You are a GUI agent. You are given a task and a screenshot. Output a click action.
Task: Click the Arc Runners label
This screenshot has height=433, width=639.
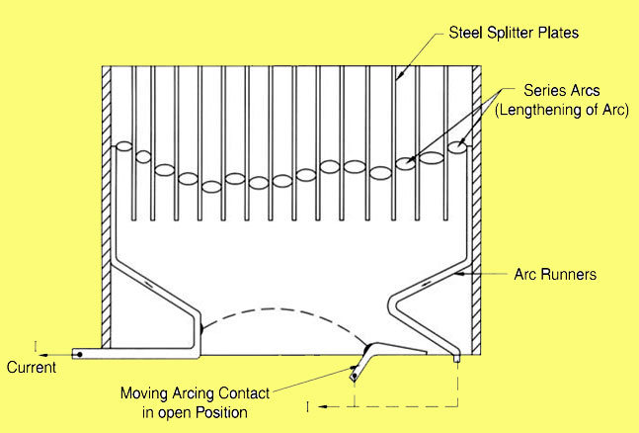pyautogui.click(x=555, y=275)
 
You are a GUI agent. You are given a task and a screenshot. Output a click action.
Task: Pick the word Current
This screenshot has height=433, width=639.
pyautogui.click(x=31, y=367)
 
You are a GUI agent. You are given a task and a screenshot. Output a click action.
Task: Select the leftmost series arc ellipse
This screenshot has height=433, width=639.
pyautogui.click(x=124, y=147)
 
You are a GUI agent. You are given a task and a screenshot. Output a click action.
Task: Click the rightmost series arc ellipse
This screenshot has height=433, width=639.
pyautogui.click(x=458, y=147)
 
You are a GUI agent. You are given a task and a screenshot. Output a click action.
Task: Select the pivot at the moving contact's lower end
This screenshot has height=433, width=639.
pyautogui.click(x=353, y=376)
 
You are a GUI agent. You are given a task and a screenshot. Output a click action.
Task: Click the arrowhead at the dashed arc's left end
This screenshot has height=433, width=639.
pyautogui.click(x=201, y=327)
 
